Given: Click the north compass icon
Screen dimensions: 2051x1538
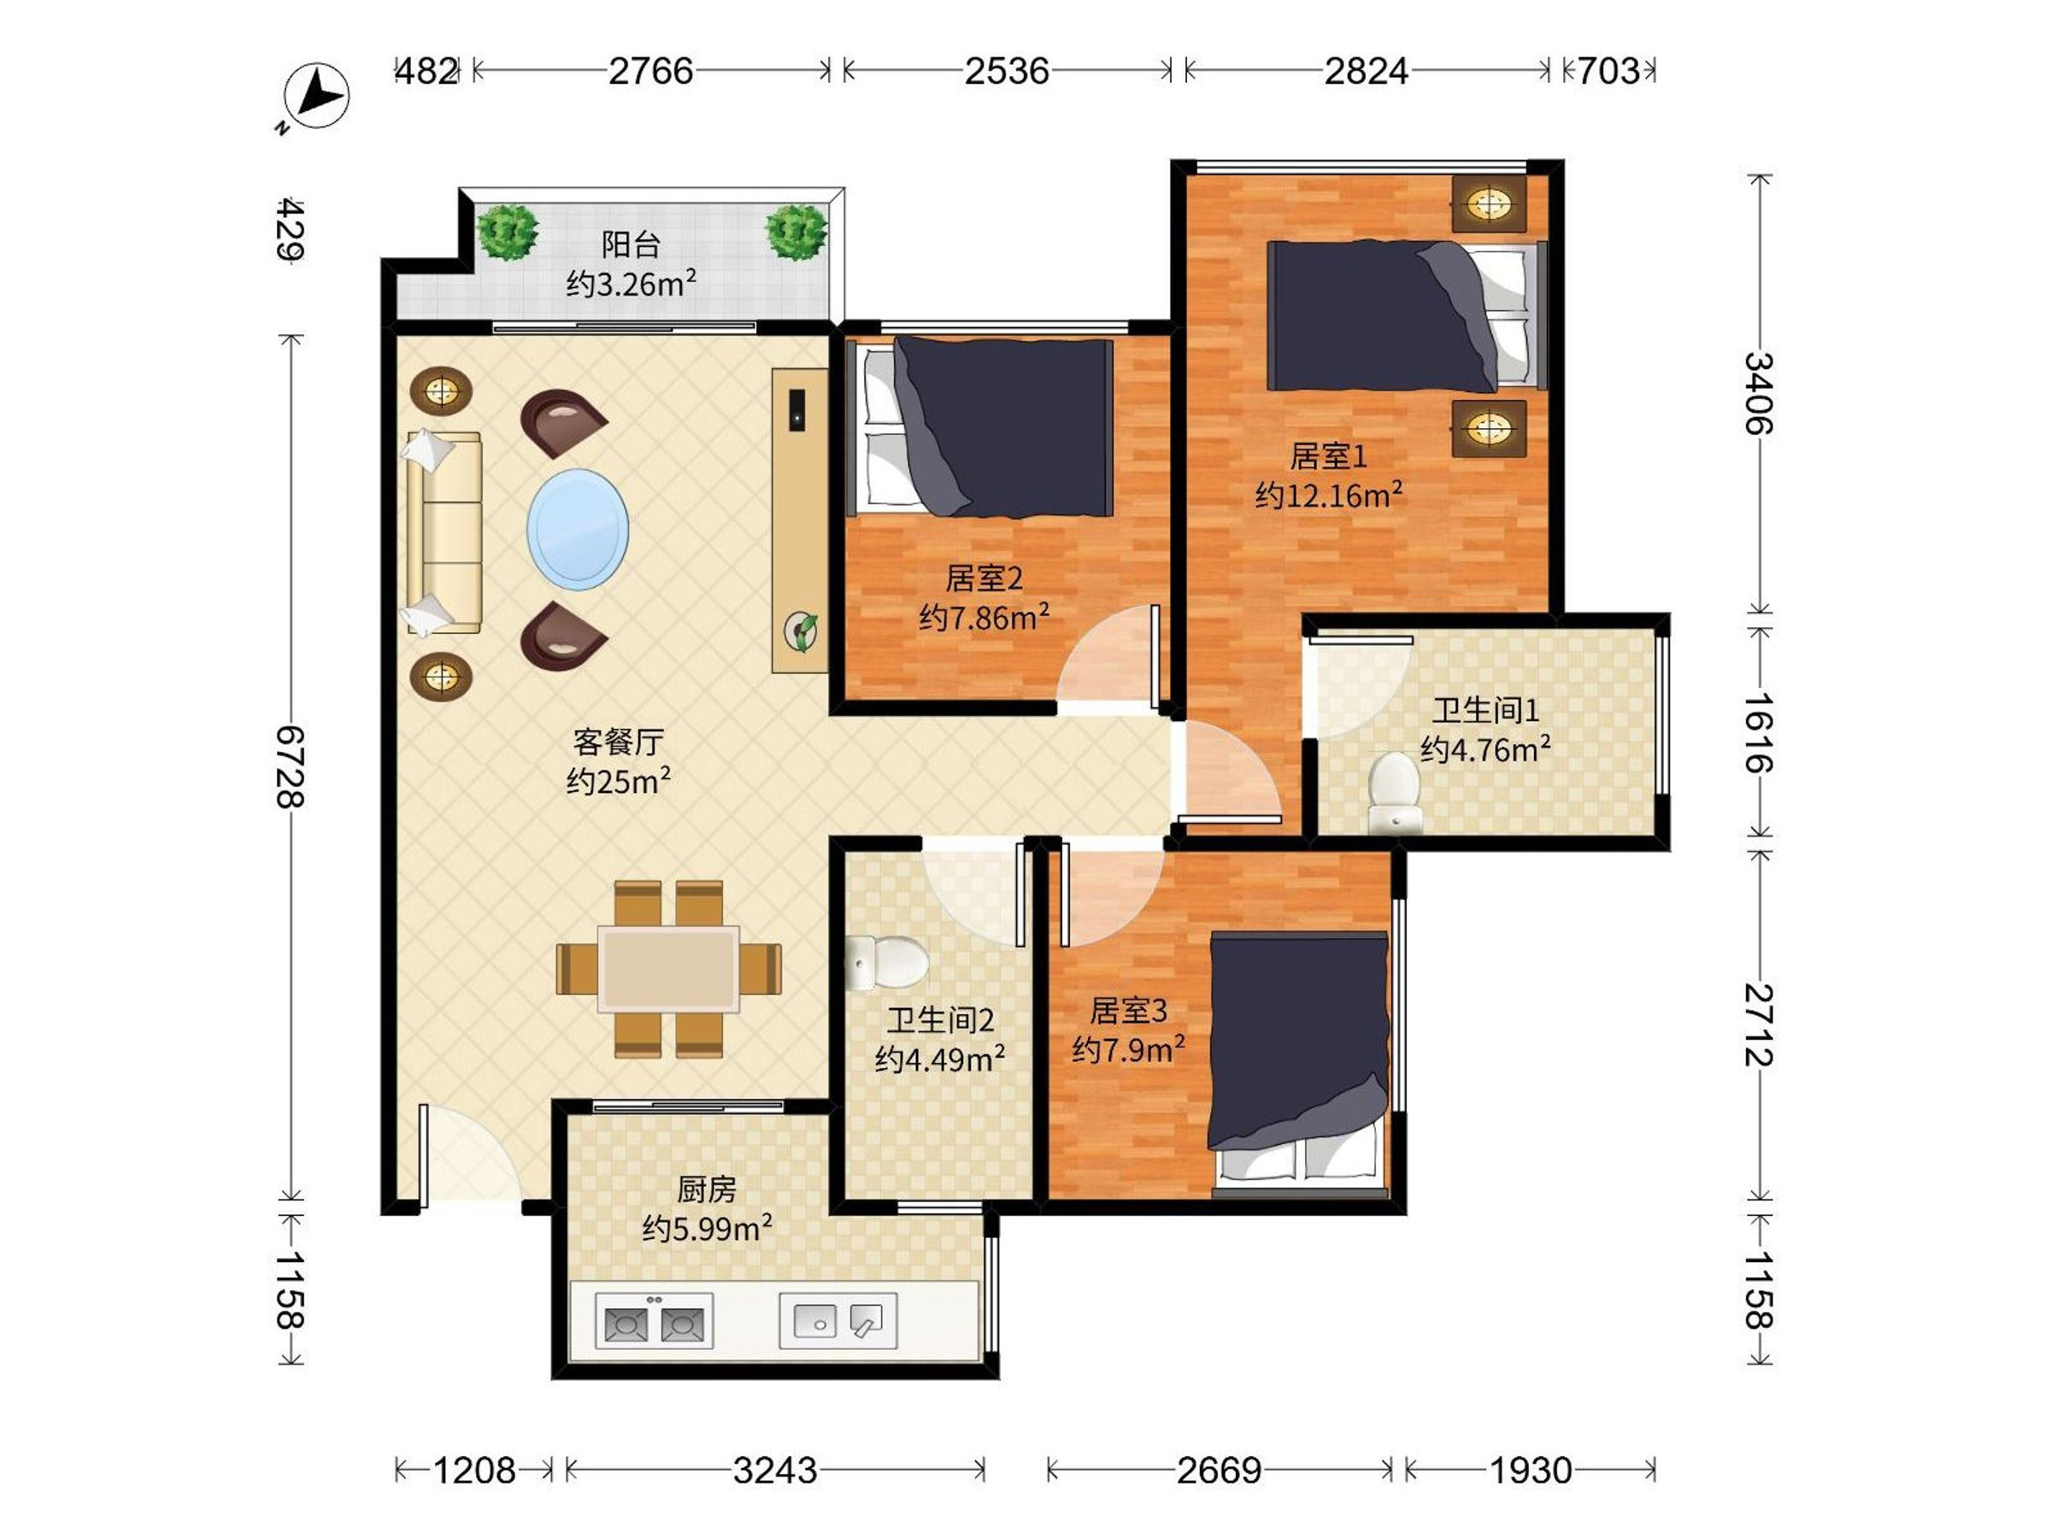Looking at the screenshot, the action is (x=315, y=97).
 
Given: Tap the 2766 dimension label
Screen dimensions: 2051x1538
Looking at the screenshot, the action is (x=650, y=72).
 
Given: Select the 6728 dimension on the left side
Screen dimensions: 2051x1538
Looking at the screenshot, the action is (x=291, y=766).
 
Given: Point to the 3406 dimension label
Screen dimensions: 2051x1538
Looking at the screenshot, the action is (x=1758, y=393).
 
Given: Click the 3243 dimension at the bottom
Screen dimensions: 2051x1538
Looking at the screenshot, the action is (x=775, y=1470).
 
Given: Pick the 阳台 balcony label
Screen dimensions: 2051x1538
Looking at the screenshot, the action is (x=631, y=244).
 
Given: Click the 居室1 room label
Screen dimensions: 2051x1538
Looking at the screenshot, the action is (x=1329, y=456).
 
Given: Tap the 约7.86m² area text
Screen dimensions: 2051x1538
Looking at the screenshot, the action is (x=984, y=617).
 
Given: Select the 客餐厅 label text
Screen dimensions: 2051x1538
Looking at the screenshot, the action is (x=618, y=742).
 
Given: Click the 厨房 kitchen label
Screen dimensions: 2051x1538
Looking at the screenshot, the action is (x=707, y=1189).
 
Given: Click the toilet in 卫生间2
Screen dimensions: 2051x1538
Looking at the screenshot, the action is (x=886, y=961).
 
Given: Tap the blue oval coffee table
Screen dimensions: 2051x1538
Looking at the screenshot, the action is (x=578, y=530).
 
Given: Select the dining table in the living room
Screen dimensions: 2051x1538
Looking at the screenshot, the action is (x=668, y=969).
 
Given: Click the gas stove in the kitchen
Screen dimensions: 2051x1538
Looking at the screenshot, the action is (x=654, y=1320).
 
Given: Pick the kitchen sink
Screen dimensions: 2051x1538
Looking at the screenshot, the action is (x=838, y=1320).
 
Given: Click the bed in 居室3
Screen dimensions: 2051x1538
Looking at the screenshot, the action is (x=1299, y=1066).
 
